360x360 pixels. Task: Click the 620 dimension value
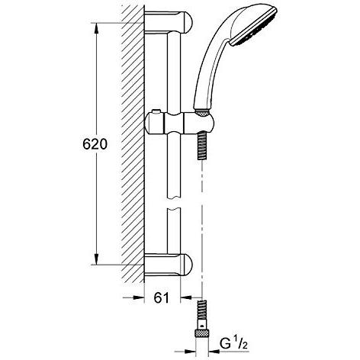tap(95, 144)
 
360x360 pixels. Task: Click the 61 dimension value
tap(162, 297)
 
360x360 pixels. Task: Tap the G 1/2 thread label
tap(233, 344)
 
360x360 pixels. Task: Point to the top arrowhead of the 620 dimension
tap(96, 29)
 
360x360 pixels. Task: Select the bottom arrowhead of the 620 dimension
tap(96, 259)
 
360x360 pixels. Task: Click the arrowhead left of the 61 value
tap(138, 297)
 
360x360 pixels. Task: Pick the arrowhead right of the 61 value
tap(186, 297)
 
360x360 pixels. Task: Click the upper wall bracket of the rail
tap(169, 21)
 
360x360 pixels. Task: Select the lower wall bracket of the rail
tap(169, 265)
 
